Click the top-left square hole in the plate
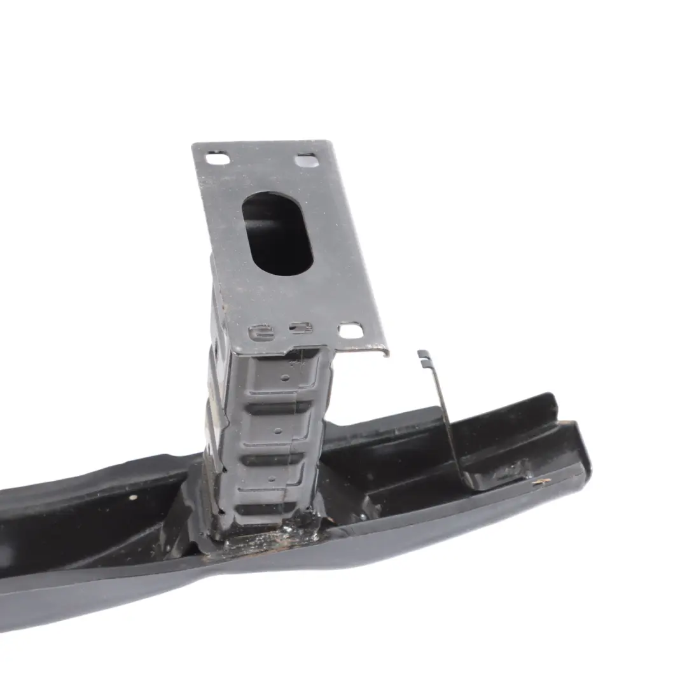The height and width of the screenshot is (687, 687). (x=218, y=158)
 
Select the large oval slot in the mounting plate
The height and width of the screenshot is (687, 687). (x=278, y=234)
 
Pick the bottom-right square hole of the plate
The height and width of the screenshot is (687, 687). (x=350, y=331)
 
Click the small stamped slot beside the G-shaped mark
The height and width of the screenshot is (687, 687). (x=299, y=329)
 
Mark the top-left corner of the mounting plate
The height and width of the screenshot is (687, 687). (x=193, y=146)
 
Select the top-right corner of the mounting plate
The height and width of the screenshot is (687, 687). (x=331, y=142)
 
